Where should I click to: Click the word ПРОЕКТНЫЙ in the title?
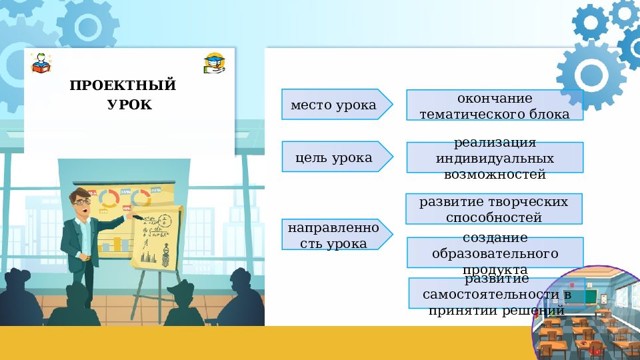[123, 86]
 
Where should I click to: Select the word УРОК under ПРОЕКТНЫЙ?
[129, 105]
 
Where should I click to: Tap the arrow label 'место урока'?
[333, 105]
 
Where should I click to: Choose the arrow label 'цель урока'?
[333, 157]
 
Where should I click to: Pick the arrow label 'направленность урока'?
[333, 235]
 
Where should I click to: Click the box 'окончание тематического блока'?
[494, 106]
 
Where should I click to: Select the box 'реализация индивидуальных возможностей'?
[494, 159]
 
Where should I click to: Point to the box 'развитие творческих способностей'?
[493, 209]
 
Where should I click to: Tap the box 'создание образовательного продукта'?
[494, 253]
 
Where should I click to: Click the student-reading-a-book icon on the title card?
[40, 63]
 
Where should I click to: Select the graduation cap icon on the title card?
[214, 63]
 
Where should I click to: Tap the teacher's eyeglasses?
[81, 201]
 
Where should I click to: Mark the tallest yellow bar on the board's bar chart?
[118, 243]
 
